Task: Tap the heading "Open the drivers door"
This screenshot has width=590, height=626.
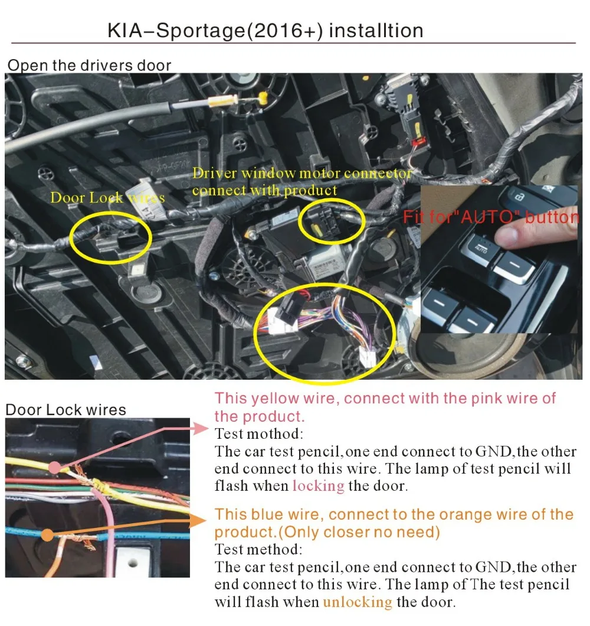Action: click(89, 65)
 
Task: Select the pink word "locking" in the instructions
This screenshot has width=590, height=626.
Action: click(318, 486)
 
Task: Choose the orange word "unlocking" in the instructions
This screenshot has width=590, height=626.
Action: click(357, 602)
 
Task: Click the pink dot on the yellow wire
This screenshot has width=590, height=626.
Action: click(54, 468)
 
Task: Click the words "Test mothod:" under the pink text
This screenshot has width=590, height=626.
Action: click(258, 434)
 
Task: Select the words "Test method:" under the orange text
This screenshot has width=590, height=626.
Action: click(258, 550)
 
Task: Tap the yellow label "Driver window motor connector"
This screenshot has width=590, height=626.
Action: click(301, 174)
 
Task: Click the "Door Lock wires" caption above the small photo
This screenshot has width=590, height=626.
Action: click(65, 410)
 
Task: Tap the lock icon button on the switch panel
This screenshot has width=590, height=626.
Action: click(518, 197)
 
